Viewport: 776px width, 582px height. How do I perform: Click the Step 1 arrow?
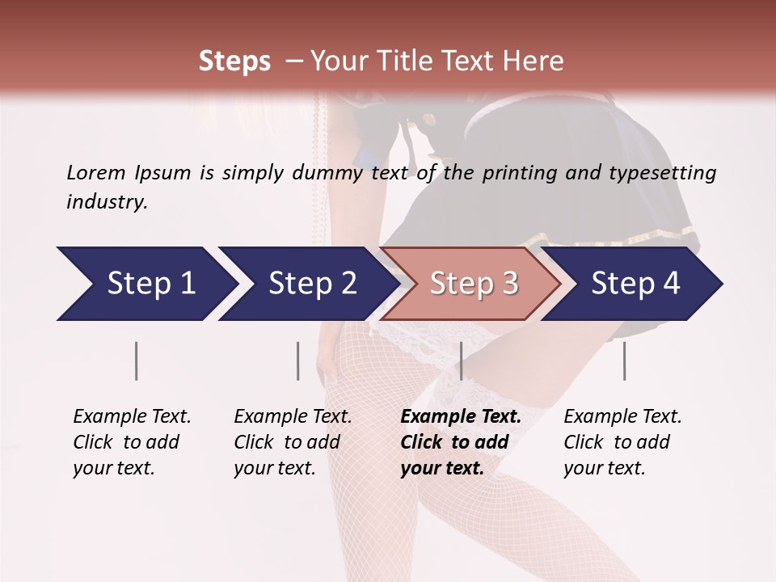(145, 284)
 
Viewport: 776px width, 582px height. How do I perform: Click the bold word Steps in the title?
(234, 61)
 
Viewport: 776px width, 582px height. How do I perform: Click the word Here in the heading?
(534, 61)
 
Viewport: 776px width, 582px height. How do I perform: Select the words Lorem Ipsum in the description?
(129, 173)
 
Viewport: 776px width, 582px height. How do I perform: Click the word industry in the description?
(106, 202)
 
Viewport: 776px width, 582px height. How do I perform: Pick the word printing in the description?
(517, 173)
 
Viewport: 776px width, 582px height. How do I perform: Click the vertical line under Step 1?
(137, 361)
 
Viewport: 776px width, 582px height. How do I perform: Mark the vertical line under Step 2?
(298, 361)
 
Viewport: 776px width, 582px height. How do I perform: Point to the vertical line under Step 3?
(461, 361)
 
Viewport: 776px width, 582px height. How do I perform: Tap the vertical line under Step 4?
(624, 361)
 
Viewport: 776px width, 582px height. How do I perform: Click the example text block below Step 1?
(132, 442)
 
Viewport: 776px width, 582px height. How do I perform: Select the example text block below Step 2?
(293, 442)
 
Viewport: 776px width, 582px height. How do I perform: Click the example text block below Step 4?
(622, 442)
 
